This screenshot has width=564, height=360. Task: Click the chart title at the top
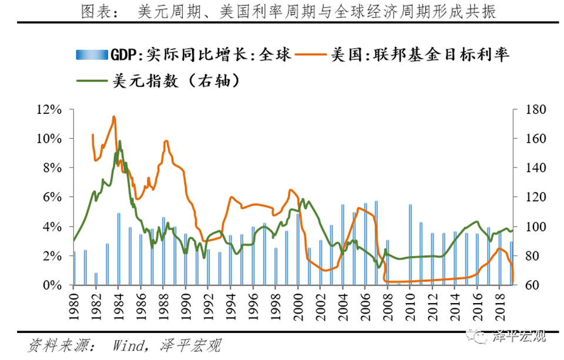[282, 11]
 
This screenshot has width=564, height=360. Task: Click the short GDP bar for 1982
[96, 279]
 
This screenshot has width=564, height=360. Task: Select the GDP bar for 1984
[119, 249]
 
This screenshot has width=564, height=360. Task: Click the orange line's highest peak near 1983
[114, 117]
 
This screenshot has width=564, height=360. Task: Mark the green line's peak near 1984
[120, 141]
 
